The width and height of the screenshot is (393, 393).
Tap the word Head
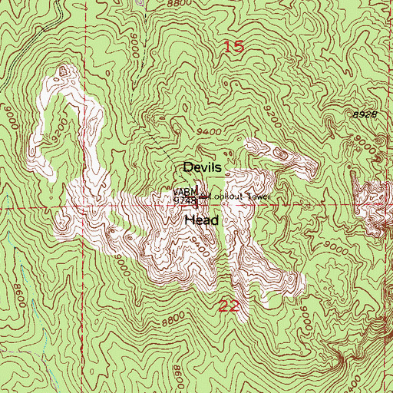pyautogui.click(x=202, y=220)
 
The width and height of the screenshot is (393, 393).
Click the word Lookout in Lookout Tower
pyautogui.click(x=227, y=196)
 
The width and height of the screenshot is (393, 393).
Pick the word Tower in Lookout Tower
pyautogui.click(x=259, y=196)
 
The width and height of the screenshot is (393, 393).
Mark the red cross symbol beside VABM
pyautogui.click(x=203, y=199)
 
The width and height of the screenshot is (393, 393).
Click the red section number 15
pyautogui.click(x=234, y=48)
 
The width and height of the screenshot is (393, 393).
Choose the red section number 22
pyautogui.click(x=229, y=306)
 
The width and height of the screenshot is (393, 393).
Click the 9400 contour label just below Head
pyautogui.click(x=201, y=247)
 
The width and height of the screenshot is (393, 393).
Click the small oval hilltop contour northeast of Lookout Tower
pyautogui.click(x=279, y=156)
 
